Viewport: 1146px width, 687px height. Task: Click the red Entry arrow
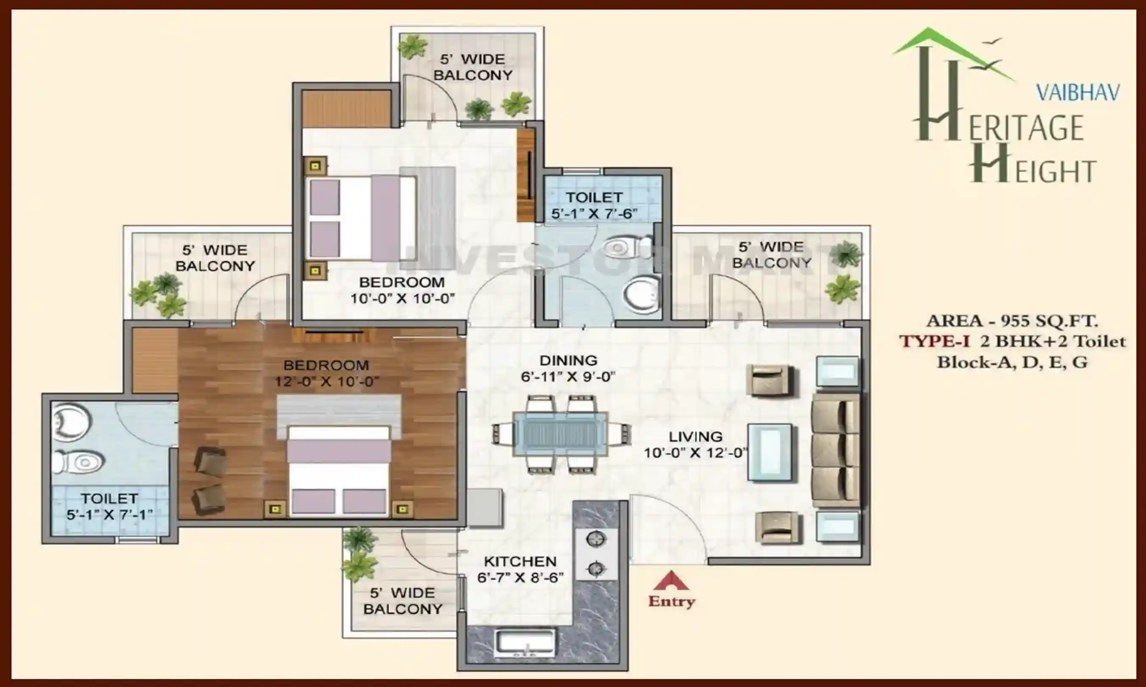[671, 581]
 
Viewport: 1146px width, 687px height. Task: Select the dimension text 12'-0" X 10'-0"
[327, 382]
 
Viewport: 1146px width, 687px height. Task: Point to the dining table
[561, 434]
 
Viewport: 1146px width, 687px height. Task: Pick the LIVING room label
[695, 436]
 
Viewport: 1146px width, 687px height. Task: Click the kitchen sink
[525, 642]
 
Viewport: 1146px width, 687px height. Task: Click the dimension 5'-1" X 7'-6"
[594, 214]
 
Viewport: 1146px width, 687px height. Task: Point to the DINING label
[568, 360]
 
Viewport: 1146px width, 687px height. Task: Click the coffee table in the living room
[770, 452]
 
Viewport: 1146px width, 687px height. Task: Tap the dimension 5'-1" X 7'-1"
[110, 515]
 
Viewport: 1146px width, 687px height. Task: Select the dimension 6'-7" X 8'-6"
[520, 578]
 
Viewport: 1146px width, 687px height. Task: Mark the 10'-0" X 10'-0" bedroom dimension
[402, 299]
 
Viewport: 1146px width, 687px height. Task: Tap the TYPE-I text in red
[934, 342]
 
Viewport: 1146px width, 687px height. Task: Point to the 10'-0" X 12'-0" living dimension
[695, 453]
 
